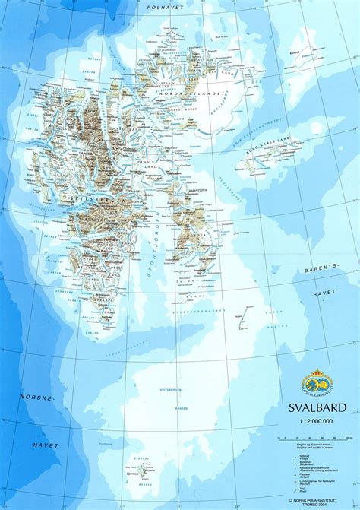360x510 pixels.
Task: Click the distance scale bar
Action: (x=311, y=439)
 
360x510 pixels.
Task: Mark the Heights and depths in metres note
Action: (x=315, y=446)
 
